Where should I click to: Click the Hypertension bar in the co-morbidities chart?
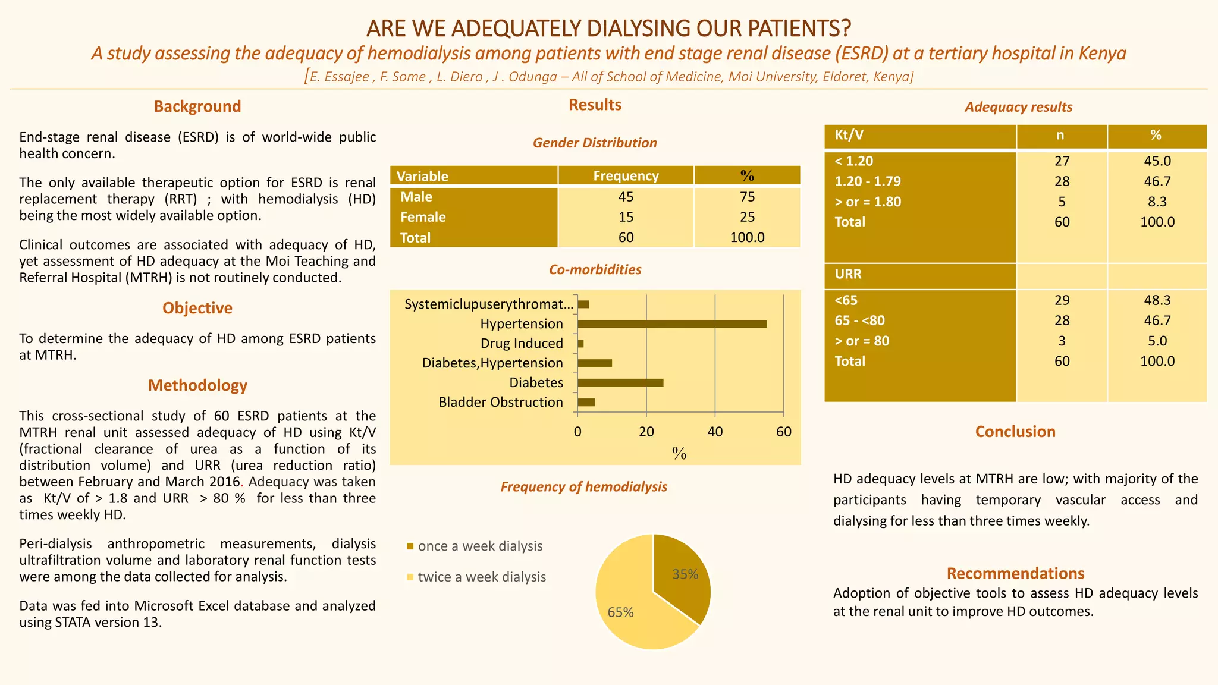[x=671, y=324]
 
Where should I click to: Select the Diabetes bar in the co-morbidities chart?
[x=620, y=383]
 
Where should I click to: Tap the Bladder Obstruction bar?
[x=586, y=403]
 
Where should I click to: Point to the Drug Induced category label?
[x=522, y=344]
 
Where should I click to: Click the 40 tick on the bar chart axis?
[x=715, y=432]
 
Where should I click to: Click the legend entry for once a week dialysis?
[x=479, y=546]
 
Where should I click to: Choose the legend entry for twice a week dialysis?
[x=481, y=577]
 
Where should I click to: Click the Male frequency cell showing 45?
[x=626, y=197]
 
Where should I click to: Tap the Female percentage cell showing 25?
[x=747, y=217]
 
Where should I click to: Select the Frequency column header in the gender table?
[x=626, y=176]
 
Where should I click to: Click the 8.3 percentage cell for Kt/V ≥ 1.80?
[x=1157, y=202]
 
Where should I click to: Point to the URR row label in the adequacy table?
[x=848, y=274]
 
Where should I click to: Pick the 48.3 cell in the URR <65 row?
[x=1157, y=300]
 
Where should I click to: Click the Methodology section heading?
[x=197, y=385]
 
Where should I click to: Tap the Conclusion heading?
[x=1015, y=432]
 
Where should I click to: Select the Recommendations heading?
[x=1015, y=573]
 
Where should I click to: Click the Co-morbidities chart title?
[x=595, y=270]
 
